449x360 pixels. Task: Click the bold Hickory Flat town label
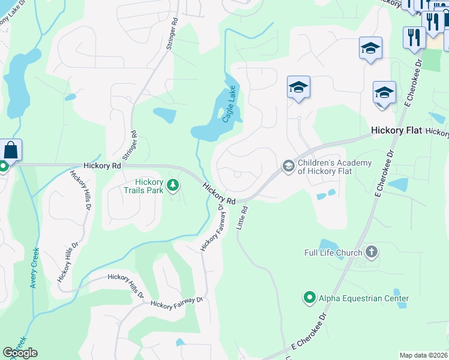(x=396, y=130)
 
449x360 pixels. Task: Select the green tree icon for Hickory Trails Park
(x=173, y=185)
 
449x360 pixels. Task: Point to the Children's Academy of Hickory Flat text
(x=336, y=167)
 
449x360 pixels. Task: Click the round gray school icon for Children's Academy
(x=289, y=166)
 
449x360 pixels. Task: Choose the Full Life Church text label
(x=333, y=253)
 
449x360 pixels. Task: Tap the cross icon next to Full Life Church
(x=372, y=252)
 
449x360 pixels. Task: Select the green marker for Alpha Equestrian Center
(x=310, y=298)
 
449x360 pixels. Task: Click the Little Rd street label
(x=244, y=218)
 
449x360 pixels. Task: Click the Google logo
(x=20, y=353)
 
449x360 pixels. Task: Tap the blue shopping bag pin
(x=11, y=150)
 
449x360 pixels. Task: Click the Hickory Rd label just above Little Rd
(x=218, y=193)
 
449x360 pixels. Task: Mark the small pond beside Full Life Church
(x=327, y=244)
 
